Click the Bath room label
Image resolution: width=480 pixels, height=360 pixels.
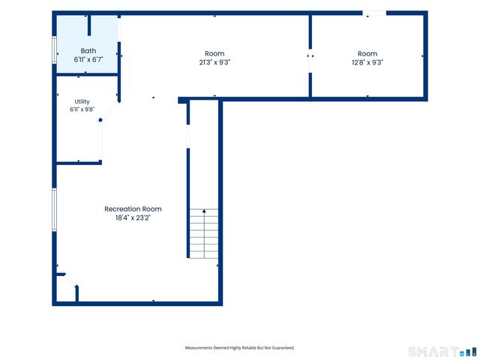coord(88,51)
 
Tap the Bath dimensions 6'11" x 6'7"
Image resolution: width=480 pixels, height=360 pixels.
coord(88,59)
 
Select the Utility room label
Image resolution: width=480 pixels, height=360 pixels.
coord(82,102)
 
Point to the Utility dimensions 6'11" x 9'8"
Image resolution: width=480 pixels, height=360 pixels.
coord(82,109)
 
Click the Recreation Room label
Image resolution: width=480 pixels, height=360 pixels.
coord(133,209)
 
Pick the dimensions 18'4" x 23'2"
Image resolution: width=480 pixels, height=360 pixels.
coord(133,218)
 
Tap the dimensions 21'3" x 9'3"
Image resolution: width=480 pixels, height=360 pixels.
coord(214,62)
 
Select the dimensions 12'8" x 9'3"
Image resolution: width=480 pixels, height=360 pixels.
coord(367,62)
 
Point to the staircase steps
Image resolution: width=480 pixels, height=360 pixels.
coord(204,233)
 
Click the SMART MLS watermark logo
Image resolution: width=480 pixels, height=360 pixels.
coord(442,352)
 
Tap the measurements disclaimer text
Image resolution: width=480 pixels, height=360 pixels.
coord(240,348)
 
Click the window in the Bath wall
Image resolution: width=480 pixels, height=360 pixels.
coord(54,50)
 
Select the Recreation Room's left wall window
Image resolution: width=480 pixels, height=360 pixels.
coord(54,210)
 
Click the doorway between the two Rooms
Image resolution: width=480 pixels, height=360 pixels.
coord(310,61)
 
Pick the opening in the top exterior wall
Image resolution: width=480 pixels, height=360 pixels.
coord(374,13)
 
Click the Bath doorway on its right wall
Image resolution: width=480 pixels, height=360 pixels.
coord(119,28)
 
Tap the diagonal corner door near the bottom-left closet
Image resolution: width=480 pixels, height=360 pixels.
coord(70,280)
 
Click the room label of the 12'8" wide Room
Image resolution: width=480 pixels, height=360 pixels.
coord(367,53)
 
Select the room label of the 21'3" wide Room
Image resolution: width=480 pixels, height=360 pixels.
coord(214,53)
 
